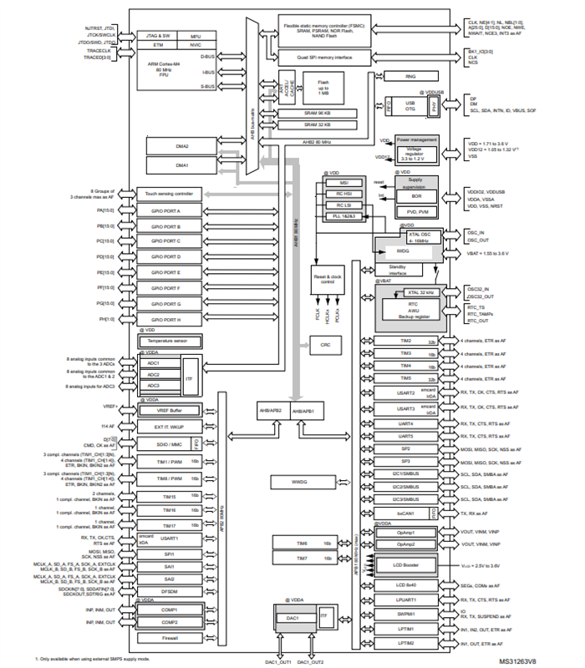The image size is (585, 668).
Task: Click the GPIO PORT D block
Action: point(170,257)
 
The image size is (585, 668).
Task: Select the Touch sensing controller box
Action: point(170,193)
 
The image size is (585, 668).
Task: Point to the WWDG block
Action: point(300,483)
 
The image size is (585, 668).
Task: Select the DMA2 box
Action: point(181,145)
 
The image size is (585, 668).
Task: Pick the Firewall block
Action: point(170,638)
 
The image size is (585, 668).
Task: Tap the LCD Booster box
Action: point(404,565)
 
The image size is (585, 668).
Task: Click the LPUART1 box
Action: point(404,600)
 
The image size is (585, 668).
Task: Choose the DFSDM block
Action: point(170,591)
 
